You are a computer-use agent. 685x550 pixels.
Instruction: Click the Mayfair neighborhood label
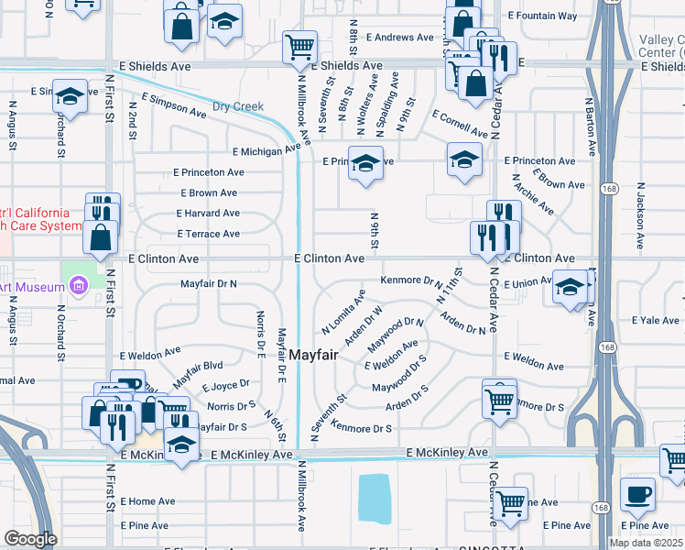[x=315, y=354]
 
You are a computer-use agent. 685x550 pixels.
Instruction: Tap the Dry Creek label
[x=238, y=106]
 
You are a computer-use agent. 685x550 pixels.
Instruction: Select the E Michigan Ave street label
[x=266, y=149]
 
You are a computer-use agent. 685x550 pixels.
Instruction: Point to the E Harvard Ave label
[x=208, y=214]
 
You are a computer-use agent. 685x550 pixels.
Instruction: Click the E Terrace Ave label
[x=208, y=235]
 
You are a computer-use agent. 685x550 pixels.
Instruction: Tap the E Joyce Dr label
[x=226, y=386]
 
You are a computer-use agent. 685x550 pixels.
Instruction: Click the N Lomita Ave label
[x=343, y=312]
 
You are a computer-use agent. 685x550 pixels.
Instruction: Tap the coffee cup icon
[x=637, y=493]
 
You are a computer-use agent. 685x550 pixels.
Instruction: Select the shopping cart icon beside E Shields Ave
[x=299, y=46]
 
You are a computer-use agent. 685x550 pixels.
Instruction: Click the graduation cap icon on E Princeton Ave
[x=365, y=163]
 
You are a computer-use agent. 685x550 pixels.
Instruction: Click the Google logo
[x=30, y=539]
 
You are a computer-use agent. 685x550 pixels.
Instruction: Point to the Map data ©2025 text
[x=647, y=543]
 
